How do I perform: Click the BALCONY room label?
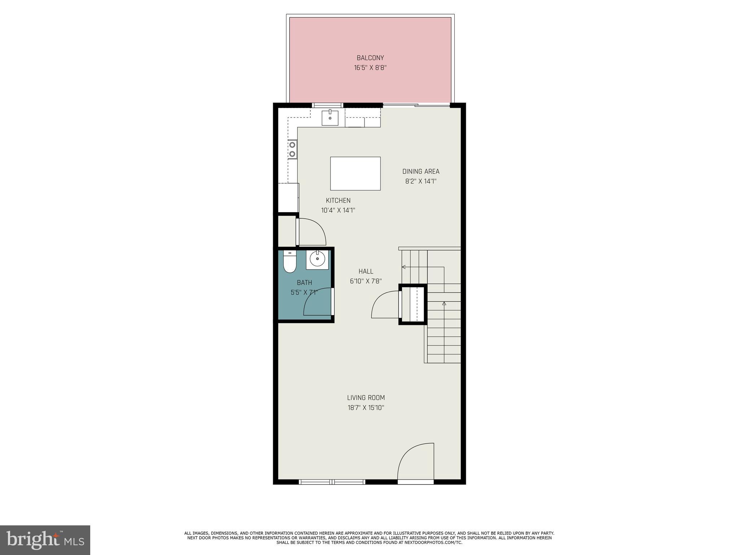tap(370, 58)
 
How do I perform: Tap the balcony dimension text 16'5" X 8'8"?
tap(370, 68)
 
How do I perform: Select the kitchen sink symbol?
tap(330, 118)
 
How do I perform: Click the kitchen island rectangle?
tap(355, 173)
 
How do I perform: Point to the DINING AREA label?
tap(421, 172)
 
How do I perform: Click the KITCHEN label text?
tap(338, 201)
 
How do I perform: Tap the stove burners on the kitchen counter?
tap(292, 149)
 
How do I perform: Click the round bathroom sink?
tap(318, 259)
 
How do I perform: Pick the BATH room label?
tap(304, 283)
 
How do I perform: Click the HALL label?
tap(366, 271)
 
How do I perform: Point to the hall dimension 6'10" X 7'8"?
tap(366, 281)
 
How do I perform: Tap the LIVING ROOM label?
tap(366, 398)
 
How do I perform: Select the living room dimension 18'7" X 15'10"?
tap(366, 408)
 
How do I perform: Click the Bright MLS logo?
tap(45, 540)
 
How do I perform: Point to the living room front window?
tap(332, 482)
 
